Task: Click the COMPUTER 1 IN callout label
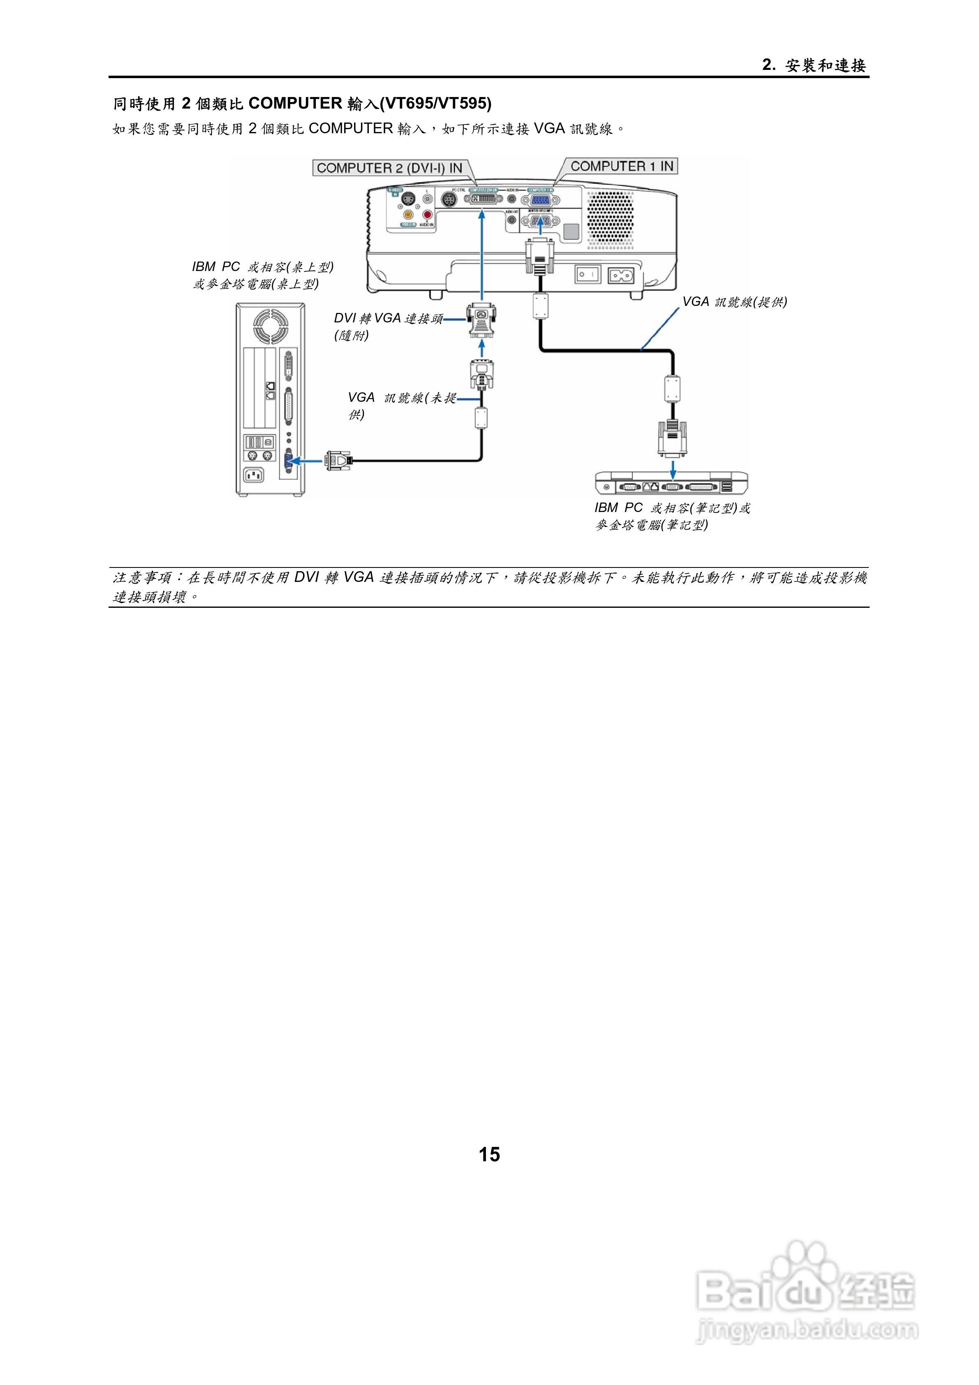(x=621, y=167)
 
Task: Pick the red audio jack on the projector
(x=427, y=214)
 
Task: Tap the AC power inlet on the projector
(x=621, y=276)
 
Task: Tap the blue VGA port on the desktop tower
(x=288, y=461)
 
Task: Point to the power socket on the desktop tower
(x=253, y=475)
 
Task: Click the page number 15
(x=489, y=1154)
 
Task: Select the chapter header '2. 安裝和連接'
(x=814, y=65)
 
